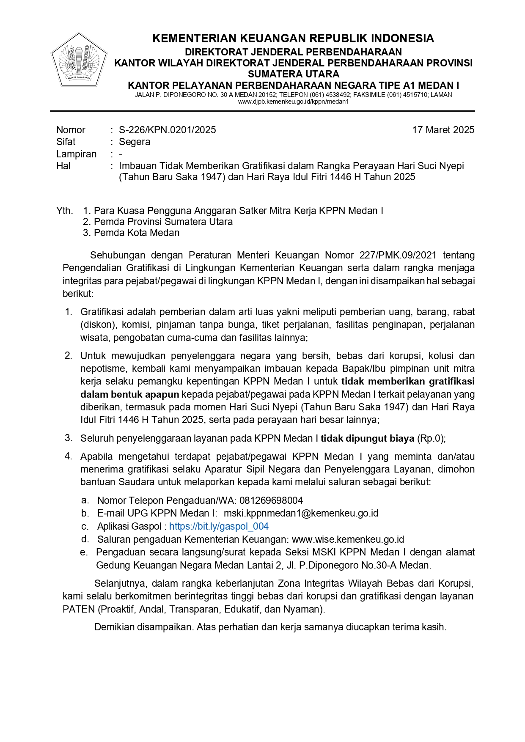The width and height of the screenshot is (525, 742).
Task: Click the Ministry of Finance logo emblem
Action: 79,60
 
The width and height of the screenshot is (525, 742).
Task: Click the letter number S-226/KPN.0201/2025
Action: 167,130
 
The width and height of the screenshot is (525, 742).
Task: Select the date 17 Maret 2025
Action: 443,130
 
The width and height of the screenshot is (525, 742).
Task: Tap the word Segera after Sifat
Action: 135,142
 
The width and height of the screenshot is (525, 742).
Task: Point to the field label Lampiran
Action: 77,154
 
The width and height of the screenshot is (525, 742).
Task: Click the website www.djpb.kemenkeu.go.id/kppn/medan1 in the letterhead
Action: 293,102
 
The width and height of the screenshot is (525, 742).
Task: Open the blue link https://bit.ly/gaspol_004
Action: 219,526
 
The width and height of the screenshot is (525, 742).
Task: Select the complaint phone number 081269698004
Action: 271,500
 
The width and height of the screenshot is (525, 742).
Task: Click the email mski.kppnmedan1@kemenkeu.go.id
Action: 301,513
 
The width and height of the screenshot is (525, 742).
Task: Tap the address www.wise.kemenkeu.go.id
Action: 348,539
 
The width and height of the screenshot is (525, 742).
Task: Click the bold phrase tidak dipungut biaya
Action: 367,438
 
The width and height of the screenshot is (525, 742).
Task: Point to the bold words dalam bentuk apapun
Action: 130,394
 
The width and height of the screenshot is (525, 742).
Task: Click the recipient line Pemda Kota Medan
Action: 137,233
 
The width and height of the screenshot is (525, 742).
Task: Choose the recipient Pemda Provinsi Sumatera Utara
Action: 163,222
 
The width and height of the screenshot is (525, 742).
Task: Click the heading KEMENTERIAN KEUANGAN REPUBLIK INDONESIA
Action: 293,38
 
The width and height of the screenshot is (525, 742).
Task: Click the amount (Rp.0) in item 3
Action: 431,438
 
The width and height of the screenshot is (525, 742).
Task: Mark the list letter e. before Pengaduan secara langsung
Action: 84,552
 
